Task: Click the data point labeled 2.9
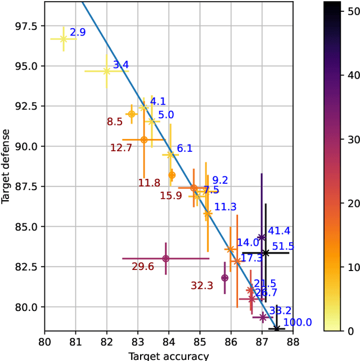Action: click(x=64, y=39)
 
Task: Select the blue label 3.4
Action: click(x=121, y=65)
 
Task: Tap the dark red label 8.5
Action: click(x=115, y=121)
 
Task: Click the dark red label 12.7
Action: click(x=121, y=148)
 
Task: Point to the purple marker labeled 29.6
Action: click(x=165, y=259)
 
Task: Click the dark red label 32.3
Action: click(x=202, y=286)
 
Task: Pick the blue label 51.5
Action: click(x=283, y=246)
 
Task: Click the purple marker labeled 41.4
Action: click(x=262, y=237)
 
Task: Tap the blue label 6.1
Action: click(x=185, y=148)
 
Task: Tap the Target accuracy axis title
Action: click(x=169, y=355)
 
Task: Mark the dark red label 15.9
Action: click(x=171, y=196)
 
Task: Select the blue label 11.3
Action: click(x=225, y=207)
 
